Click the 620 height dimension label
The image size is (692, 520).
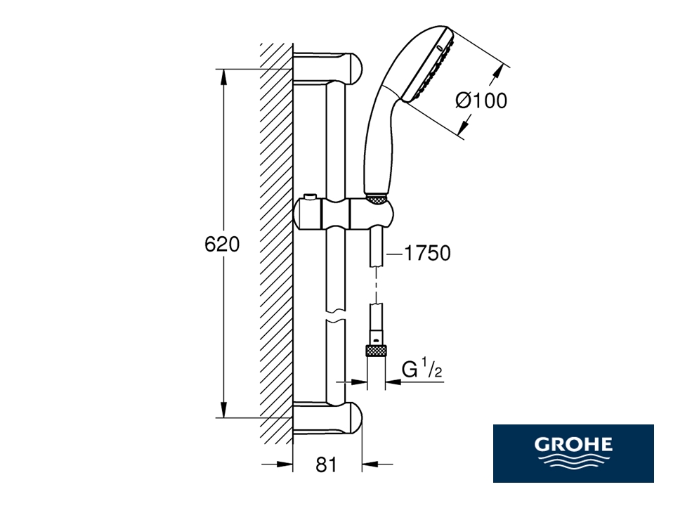222,244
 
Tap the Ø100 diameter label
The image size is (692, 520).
481,100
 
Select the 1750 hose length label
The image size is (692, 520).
427,254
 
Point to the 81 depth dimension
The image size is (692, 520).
326,464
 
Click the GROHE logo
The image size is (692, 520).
573,453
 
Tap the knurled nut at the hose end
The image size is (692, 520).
376,351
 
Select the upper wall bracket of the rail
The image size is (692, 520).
327,68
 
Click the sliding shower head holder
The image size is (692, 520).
342,214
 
